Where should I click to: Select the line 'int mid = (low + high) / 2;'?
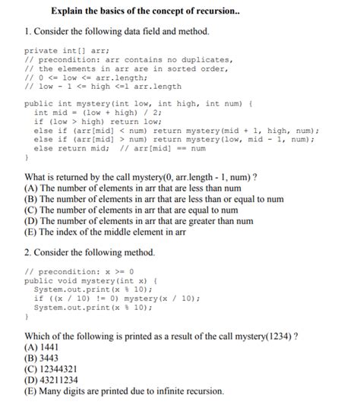click(x=95, y=112)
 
